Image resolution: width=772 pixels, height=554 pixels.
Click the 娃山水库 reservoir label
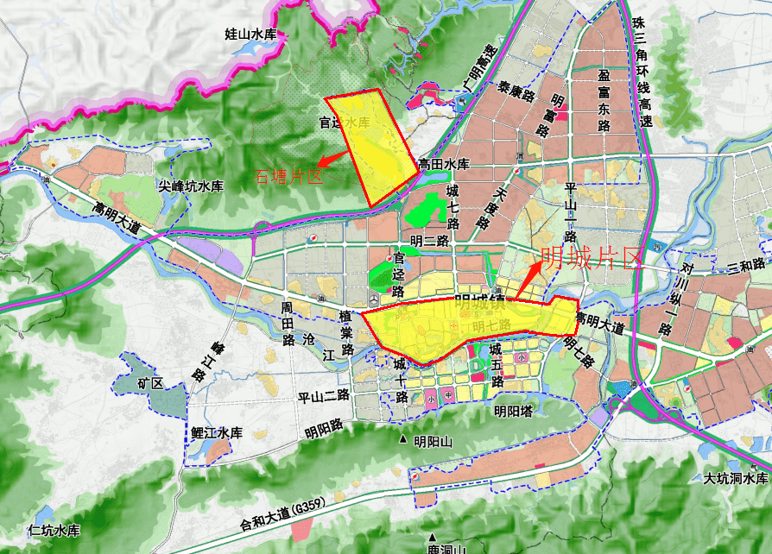[x=250, y=35]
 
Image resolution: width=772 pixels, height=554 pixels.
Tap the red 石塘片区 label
[x=288, y=177]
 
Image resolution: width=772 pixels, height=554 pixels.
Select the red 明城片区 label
[x=592, y=257]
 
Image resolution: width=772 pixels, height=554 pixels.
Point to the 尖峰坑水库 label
[x=191, y=186]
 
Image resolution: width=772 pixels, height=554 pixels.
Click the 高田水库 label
[x=443, y=164]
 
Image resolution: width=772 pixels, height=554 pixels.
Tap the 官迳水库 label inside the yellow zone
[x=345, y=123]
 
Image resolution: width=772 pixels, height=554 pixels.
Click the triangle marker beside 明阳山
[x=402, y=442]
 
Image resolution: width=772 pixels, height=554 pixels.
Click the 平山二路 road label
[x=323, y=396]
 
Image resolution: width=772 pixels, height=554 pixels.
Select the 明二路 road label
[x=430, y=241]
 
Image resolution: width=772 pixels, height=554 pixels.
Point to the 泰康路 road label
[x=516, y=91]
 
